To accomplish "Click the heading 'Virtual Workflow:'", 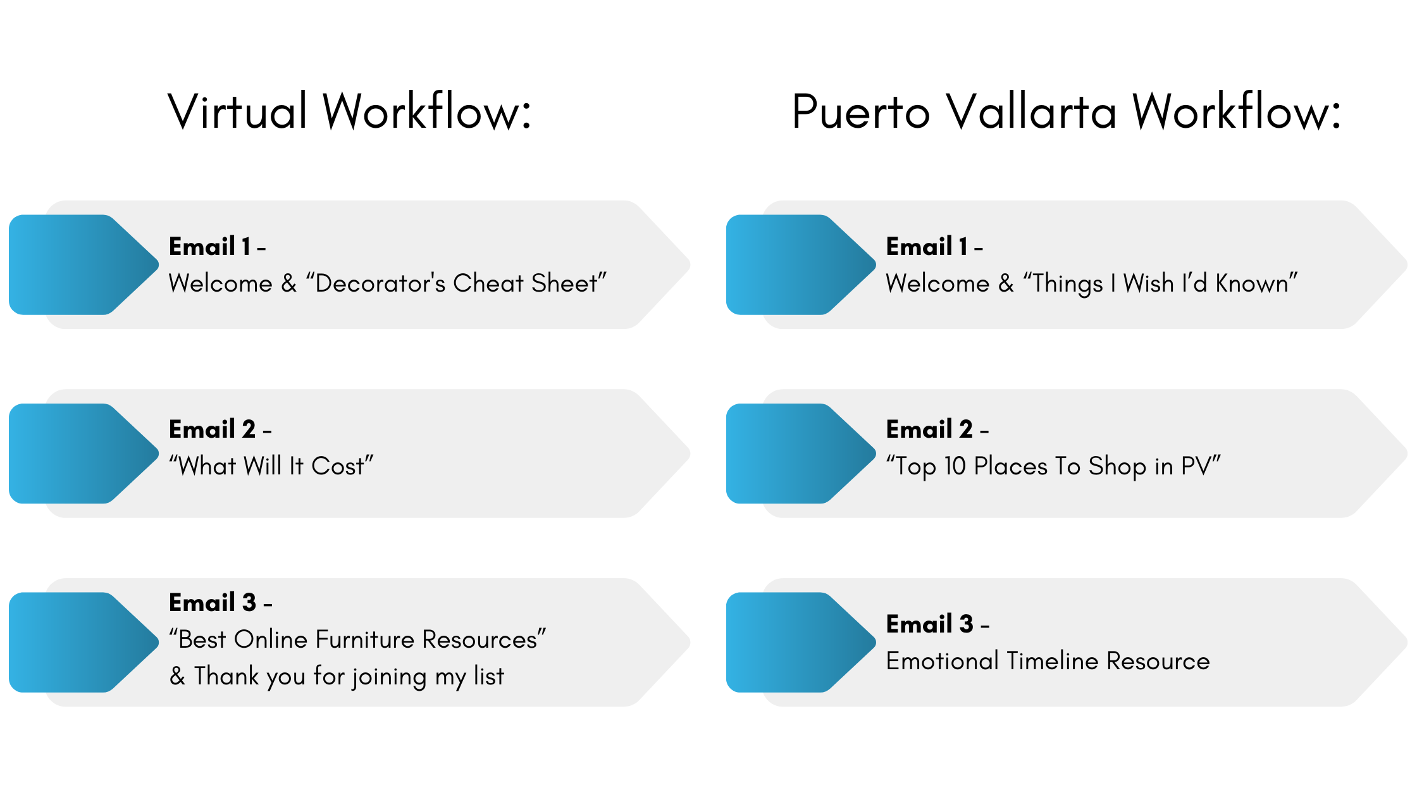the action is click(x=350, y=111).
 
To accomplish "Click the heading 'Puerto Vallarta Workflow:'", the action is click(x=1067, y=111).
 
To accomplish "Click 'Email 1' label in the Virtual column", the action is click(x=210, y=246).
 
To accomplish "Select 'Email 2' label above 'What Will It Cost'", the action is click(x=213, y=429).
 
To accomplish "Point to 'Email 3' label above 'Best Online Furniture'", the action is click(x=213, y=602).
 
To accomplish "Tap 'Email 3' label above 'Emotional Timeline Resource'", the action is click(x=930, y=624).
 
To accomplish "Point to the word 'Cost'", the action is click(x=338, y=466).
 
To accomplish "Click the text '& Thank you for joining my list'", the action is click(x=337, y=676).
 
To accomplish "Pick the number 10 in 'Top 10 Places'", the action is click(x=955, y=466).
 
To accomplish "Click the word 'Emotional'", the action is click(x=942, y=660).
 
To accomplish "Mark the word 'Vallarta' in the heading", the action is click(x=1032, y=111).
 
